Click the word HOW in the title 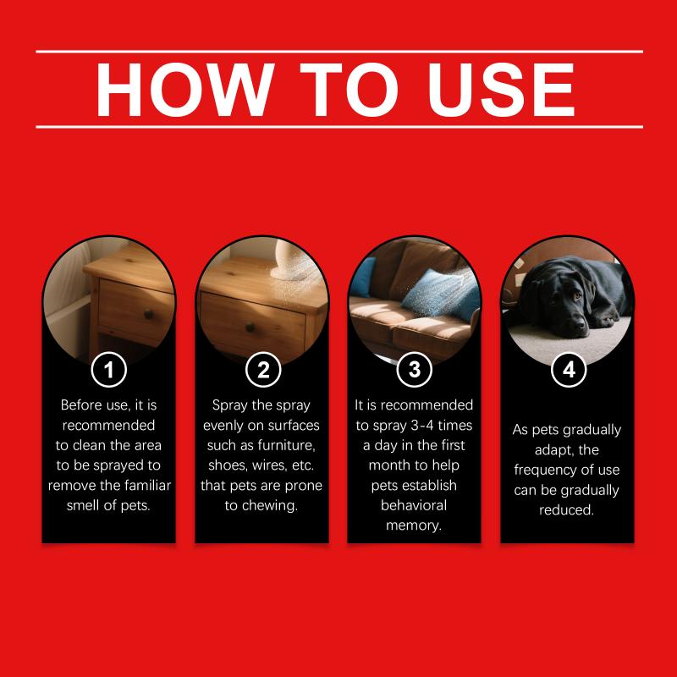185,90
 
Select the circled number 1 109,370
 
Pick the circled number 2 263,370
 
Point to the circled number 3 414,370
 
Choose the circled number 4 569,370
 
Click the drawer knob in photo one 149,314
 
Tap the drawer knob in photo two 250,327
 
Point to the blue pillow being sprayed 440,294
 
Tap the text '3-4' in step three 421,426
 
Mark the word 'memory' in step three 414,526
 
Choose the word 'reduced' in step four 566,510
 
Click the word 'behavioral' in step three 414,505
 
